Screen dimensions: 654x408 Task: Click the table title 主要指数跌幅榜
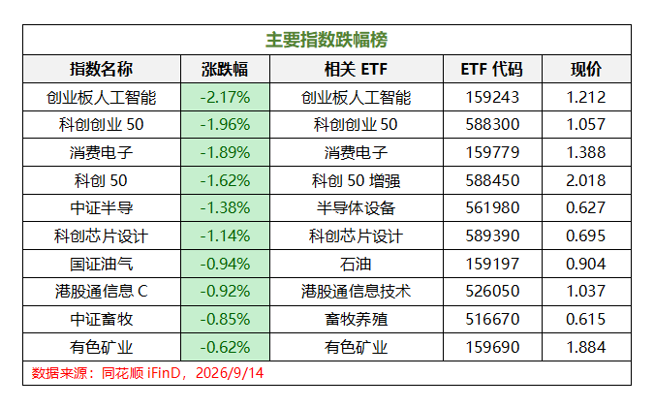[327, 40]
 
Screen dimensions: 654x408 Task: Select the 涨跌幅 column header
[225, 69]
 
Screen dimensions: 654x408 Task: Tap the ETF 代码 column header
[492, 69]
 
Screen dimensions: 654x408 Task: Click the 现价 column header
[586, 69]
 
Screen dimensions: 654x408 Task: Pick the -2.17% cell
[225, 97]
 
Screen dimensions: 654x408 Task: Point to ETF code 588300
[492, 124]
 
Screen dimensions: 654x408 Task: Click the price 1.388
[586, 152]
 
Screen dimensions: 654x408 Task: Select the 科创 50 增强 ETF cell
[356, 180]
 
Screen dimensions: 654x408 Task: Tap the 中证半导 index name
[102, 207]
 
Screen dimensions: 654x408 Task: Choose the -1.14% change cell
[225, 235]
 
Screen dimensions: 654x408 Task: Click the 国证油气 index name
[102, 264]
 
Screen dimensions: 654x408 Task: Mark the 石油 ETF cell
[356, 264]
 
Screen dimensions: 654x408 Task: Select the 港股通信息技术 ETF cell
[356, 291]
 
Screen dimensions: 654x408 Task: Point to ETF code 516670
[492, 319]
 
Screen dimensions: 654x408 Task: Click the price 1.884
[586, 347]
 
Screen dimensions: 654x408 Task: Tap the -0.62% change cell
[225, 347]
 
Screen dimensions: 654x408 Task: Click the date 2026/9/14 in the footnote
[230, 373]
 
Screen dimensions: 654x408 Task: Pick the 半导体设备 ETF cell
[356, 207]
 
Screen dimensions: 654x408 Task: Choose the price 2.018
[586, 180]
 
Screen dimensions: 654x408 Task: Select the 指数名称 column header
[102, 69]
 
